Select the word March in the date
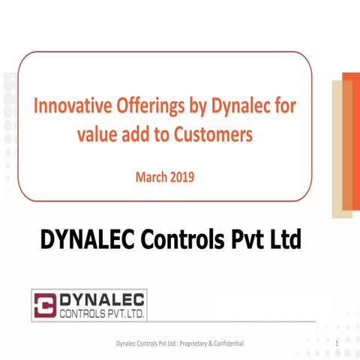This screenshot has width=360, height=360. pyautogui.click(x=150, y=178)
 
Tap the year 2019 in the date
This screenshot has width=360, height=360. pyautogui.click(x=185, y=178)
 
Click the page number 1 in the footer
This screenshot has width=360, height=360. pyautogui.click(x=339, y=343)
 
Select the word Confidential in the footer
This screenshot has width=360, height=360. pyautogui.click(x=237, y=343)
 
